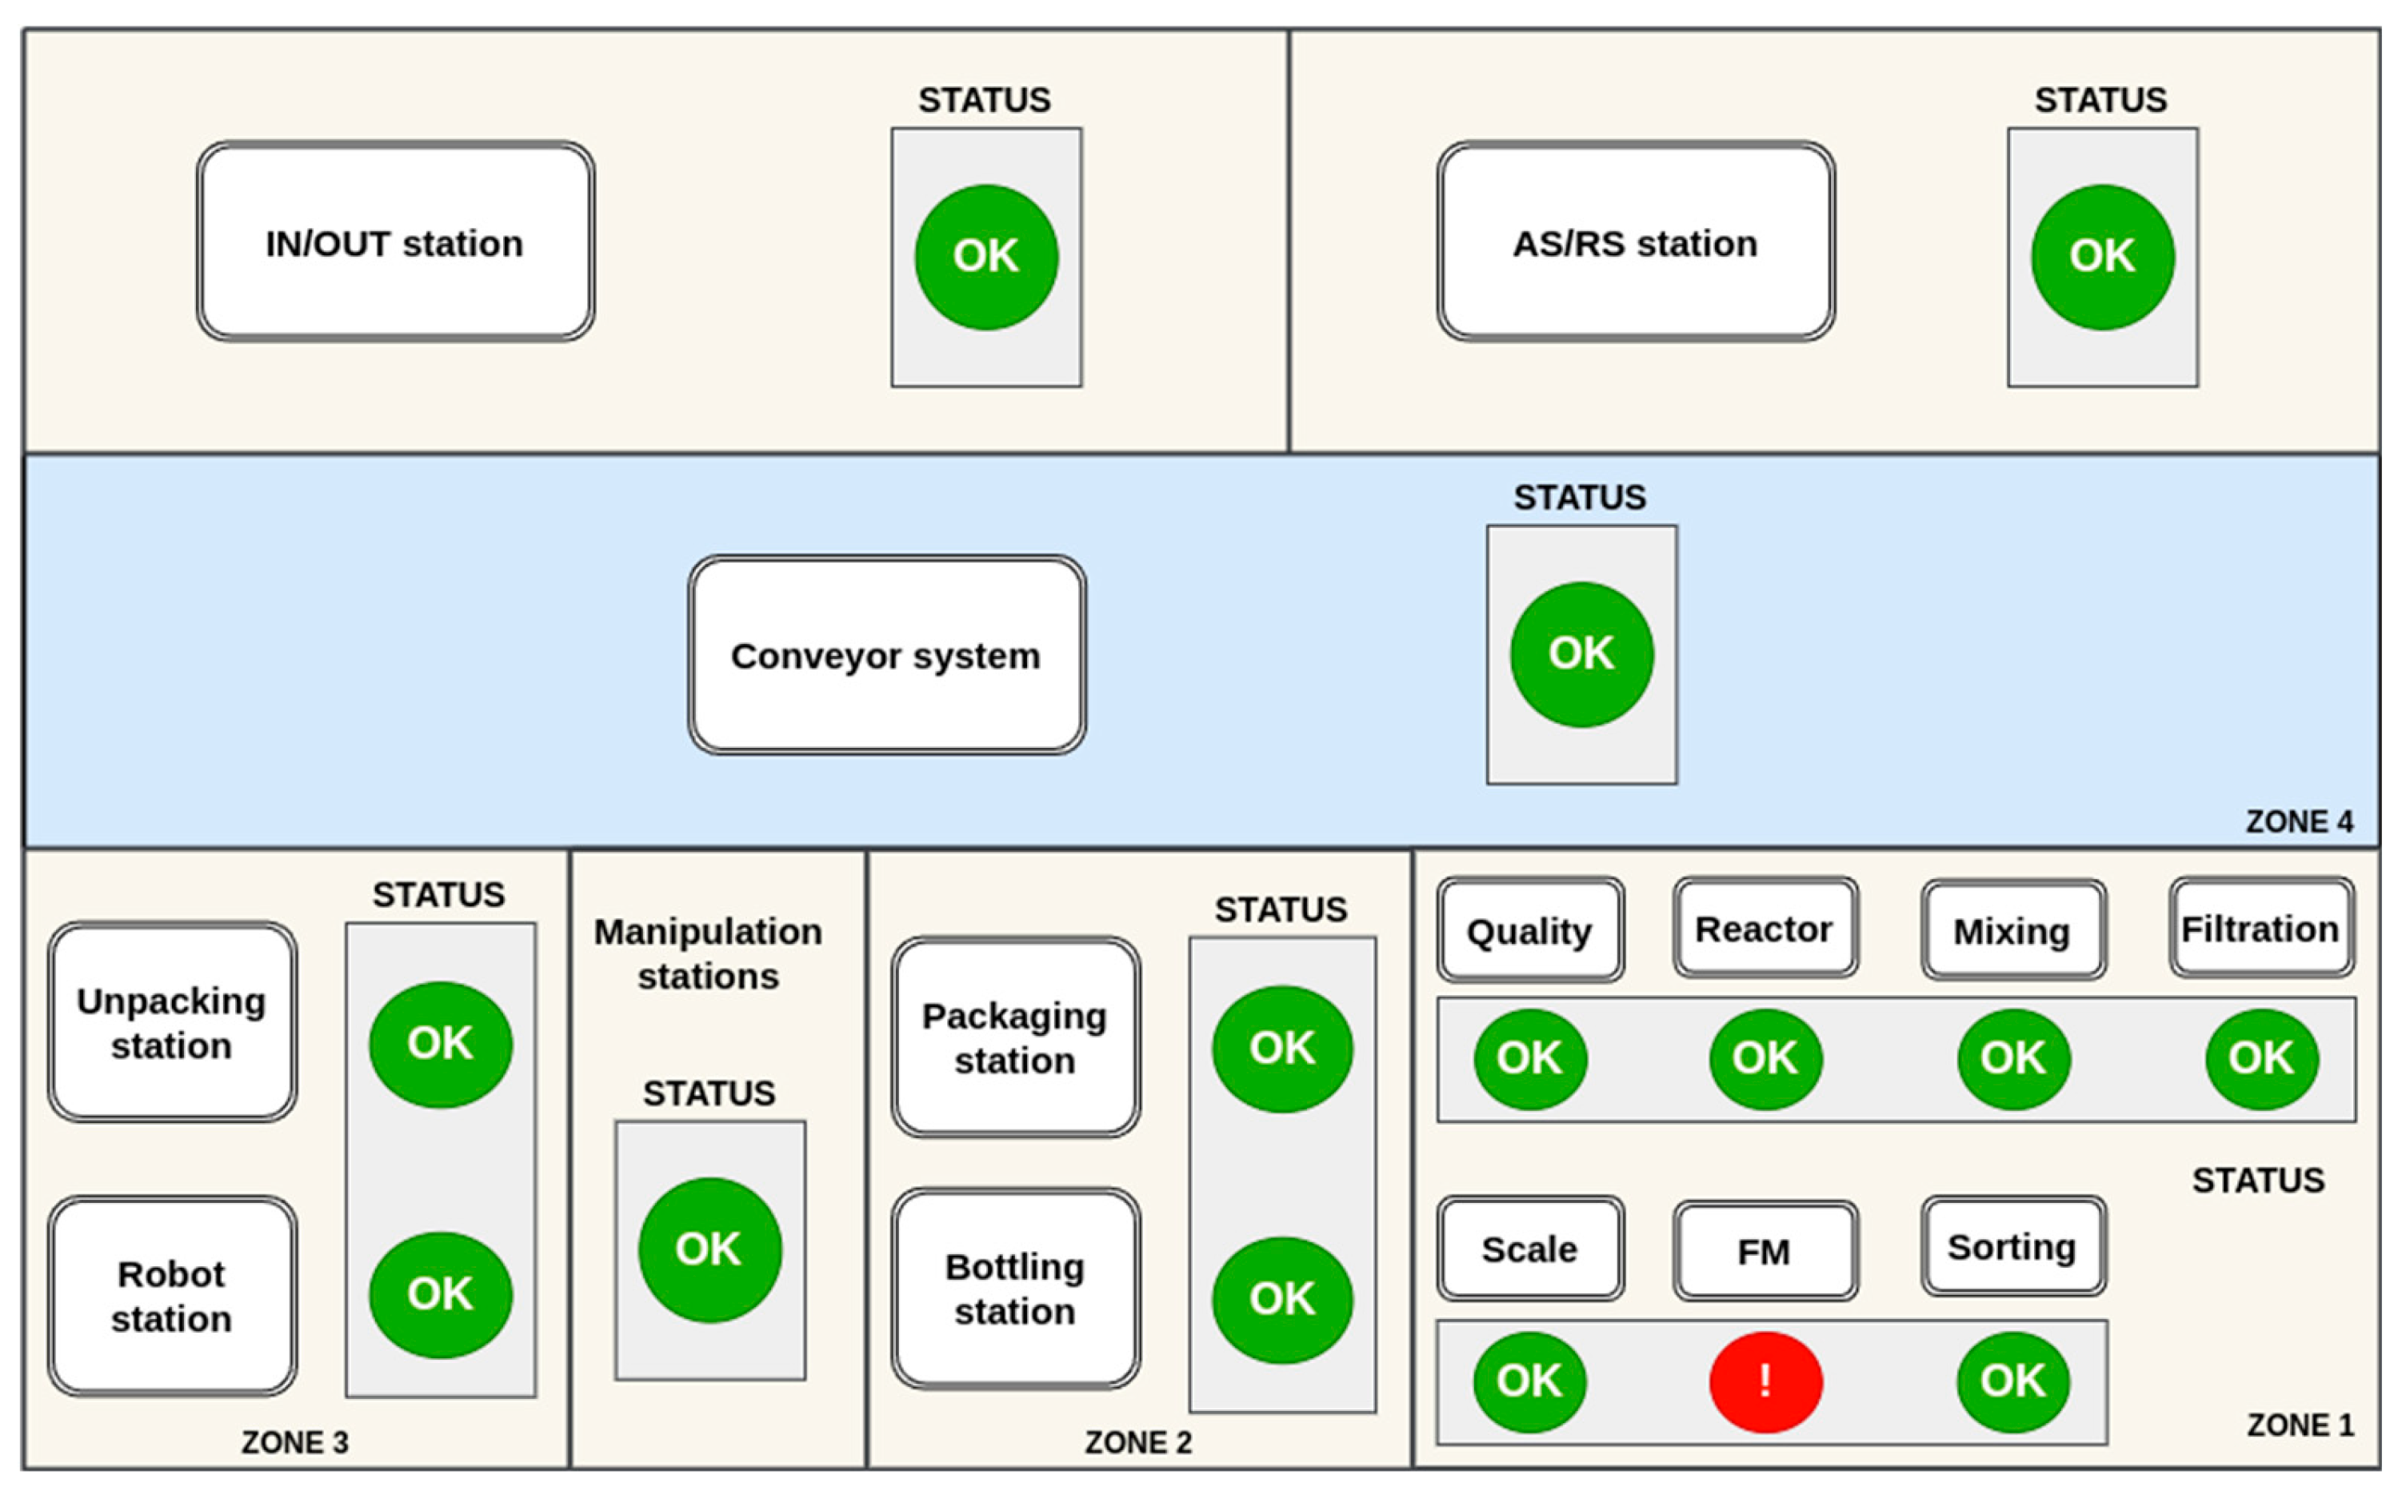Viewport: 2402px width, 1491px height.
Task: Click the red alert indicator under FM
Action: [x=1765, y=1381]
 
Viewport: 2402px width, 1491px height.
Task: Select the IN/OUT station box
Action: [x=395, y=242]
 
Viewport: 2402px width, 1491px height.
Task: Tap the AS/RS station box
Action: [x=1635, y=242]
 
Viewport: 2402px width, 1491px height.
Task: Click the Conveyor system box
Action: [x=886, y=656]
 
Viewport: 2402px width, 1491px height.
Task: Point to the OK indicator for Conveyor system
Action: [x=1581, y=654]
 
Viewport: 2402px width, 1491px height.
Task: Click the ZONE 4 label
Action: [x=2299, y=821]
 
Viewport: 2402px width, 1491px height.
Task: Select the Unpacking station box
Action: [x=171, y=1022]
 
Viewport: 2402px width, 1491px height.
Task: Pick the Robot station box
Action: [x=171, y=1296]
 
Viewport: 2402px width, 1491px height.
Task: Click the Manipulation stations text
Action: [x=708, y=953]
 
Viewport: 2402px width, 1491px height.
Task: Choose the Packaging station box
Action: [x=1016, y=1037]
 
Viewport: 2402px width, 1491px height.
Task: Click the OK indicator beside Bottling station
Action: [x=1282, y=1299]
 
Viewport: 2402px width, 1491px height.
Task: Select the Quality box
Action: [x=1529, y=930]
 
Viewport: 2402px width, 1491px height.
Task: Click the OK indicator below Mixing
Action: [x=2012, y=1058]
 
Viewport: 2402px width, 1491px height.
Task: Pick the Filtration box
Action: [x=2260, y=929]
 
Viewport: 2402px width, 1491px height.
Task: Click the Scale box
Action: [x=1529, y=1249]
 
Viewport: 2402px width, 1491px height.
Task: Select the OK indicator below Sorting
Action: [x=2012, y=1381]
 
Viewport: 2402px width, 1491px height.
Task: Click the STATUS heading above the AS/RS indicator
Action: [x=2100, y=100]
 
